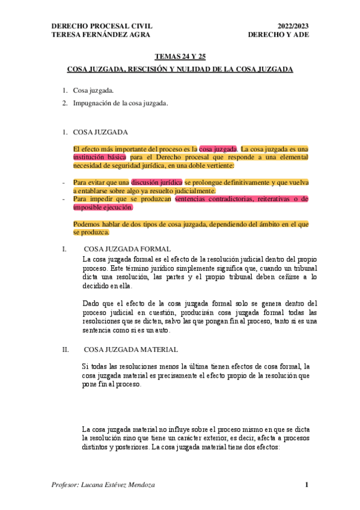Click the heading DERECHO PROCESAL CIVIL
point(102,26)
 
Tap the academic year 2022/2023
point(293,26)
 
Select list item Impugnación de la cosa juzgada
point(120,103)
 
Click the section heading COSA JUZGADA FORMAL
point(128,248)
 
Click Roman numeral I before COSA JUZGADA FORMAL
point(64,248)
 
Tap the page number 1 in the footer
point(306,485)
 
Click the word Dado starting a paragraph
point(91,303)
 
